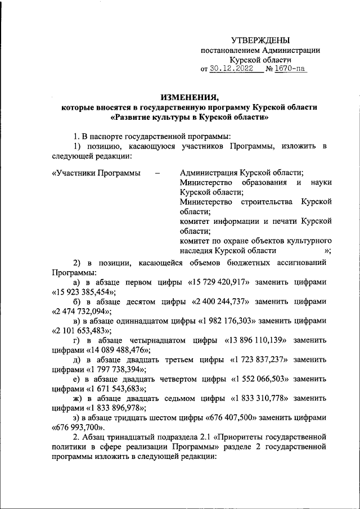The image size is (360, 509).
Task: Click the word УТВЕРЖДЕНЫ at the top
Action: tap(260, 40)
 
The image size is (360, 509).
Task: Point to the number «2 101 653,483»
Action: tap(82, 331)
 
